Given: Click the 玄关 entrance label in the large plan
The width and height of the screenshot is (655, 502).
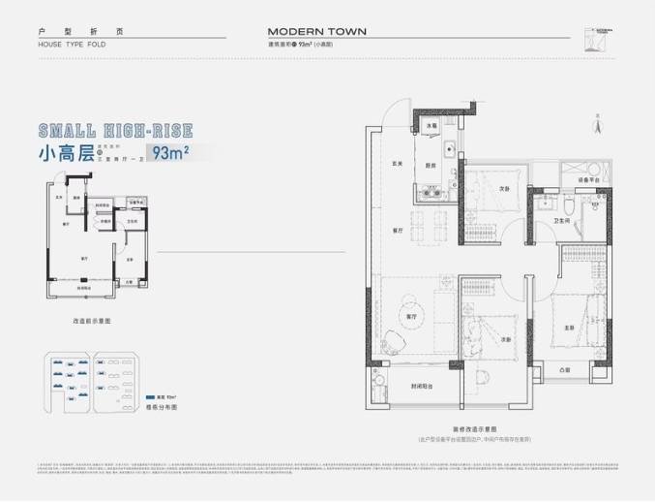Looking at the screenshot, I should [x=396, y=162].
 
